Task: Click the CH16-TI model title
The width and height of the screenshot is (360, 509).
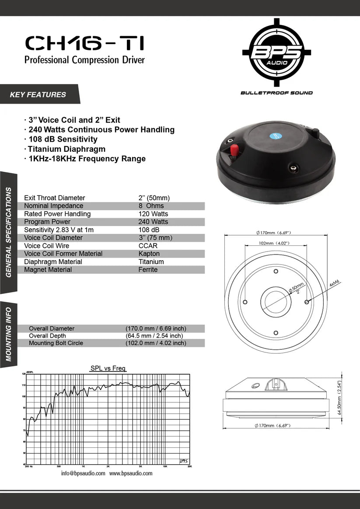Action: point(84,44)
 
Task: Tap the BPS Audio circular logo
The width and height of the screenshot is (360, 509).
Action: point(276,52)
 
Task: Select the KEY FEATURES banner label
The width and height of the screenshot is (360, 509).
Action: point(38,94)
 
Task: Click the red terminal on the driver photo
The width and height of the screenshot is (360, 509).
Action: point(234,151)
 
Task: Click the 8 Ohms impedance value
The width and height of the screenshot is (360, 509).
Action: point(151,206)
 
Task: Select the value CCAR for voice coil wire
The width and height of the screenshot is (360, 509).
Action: point(148,246)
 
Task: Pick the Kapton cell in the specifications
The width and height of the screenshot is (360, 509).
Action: point(149,254)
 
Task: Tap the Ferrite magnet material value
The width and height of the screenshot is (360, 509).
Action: point(148,270)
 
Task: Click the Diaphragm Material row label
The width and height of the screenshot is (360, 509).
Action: point(53,262)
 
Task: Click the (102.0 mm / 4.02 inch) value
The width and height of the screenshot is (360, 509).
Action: point(156,343)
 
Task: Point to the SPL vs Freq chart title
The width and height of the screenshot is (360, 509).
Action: point(108,369)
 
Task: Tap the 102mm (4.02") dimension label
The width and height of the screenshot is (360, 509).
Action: point(274,243)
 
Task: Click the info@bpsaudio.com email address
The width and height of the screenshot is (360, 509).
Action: point(83,474)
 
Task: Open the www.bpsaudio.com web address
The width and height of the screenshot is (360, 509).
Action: point(131,474)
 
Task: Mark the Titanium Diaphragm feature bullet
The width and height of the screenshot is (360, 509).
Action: point(67,149)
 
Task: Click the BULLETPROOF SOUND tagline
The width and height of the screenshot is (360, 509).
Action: point(276,93)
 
